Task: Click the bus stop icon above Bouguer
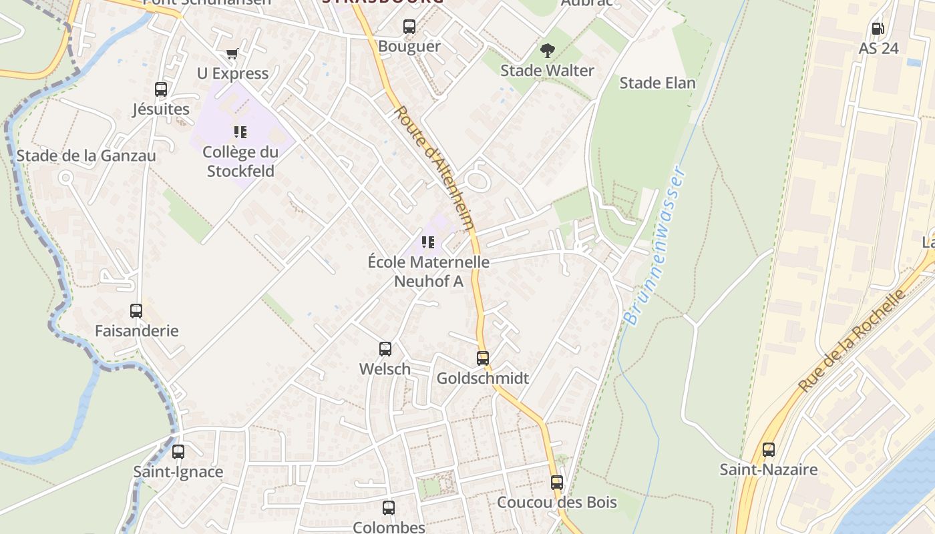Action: pos(409,27)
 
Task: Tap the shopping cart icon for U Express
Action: pos(232,53)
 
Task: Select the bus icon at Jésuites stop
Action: pos(161,89)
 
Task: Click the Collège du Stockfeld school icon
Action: pos(240,131)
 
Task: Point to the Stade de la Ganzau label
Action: pos(86,156)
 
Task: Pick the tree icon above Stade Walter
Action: pos(547,50)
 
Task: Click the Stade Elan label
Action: pos(657,83)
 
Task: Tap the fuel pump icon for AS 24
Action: pos(878,29)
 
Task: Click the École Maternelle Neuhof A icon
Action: pos(428,242)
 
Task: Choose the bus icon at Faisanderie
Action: pos(136,310)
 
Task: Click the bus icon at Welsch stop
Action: pos(385,348)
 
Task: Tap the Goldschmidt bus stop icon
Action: pos(483,358)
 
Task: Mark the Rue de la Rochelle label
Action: pos(852,340)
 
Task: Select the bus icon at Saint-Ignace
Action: pos(178,451)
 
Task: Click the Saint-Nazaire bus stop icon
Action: pos(769,449)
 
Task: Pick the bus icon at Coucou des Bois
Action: pos(557,482)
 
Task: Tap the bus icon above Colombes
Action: pos(389,507)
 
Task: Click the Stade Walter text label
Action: pos(547,71)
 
